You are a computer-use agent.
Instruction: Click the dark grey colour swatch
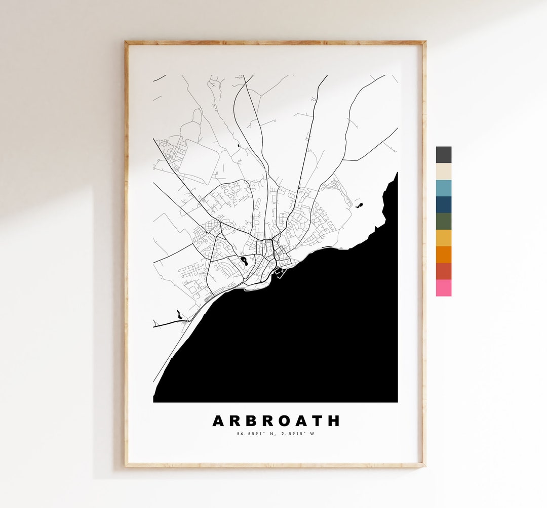[x=443, y=155]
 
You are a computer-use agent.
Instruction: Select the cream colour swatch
[x=443, y=172]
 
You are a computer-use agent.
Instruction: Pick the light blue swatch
[x=443, y=188]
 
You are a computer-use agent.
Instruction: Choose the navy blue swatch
[x=443, y=205]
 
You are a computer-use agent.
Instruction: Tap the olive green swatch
[x=443, y=222]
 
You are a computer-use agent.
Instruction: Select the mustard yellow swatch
[x=443, y=238]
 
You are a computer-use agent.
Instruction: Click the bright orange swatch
[x=443, y=255]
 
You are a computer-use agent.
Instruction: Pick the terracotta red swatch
[x=443, y=271]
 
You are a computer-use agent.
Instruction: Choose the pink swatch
[x=443, y=287]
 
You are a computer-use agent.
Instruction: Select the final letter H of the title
[x=334, y=421]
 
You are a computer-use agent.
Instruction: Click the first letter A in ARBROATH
[x=218, y=421]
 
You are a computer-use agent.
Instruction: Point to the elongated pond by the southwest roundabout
[x=178, y=315]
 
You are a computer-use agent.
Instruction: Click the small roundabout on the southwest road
[x=187, y=321]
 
